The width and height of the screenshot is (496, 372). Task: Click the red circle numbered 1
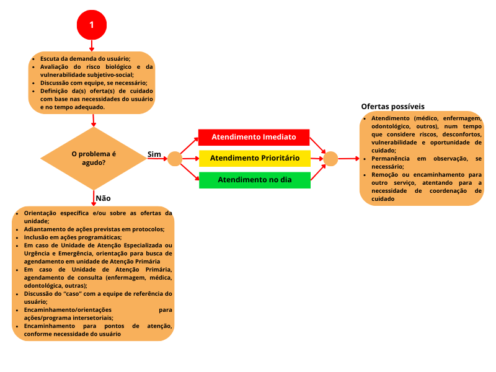pos(92,25)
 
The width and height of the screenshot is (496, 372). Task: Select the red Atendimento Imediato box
pos(254,136)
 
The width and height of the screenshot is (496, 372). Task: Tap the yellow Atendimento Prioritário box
pos(254,158)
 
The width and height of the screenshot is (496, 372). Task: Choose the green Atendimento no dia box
pos(254,180)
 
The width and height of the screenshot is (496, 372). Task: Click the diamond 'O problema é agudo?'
pos(93,158)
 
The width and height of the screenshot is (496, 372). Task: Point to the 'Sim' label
pos(154,153)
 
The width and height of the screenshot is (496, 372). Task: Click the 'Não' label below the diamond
pos(103,198)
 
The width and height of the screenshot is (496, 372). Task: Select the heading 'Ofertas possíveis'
pos(392,107)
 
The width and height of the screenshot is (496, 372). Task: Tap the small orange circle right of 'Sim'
pos(175,159)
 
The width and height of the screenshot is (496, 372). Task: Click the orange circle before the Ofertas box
pos(331,159)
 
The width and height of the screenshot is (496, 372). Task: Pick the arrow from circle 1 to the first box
pos(92,45)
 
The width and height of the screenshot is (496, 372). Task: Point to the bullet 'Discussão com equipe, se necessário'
pos(93,83)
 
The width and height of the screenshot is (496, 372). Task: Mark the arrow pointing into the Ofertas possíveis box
pos(349,159)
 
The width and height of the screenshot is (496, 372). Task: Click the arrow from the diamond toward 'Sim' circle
pos(157,159)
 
